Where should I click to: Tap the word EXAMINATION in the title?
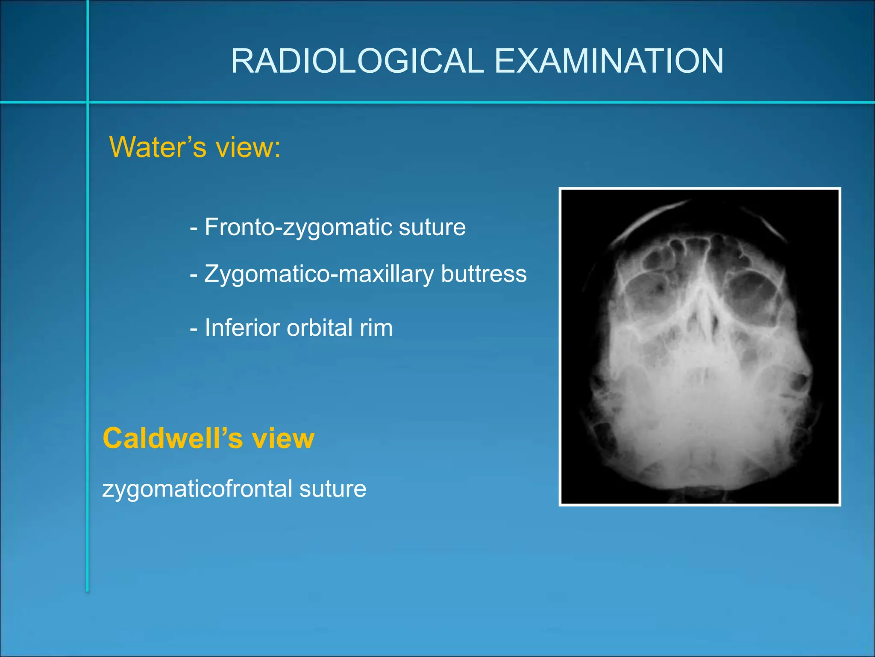coord(609,61)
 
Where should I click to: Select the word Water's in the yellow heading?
coord(158,147)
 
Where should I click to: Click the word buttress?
coord(484,274)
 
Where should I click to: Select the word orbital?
coord(320,328)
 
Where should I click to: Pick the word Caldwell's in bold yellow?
coord(173,439)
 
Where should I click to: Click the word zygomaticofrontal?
coord(197,489)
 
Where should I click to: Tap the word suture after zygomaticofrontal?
coord(333,489)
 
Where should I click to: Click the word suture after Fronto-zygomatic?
coord(432,227)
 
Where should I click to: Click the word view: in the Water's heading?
coord(248,147)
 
